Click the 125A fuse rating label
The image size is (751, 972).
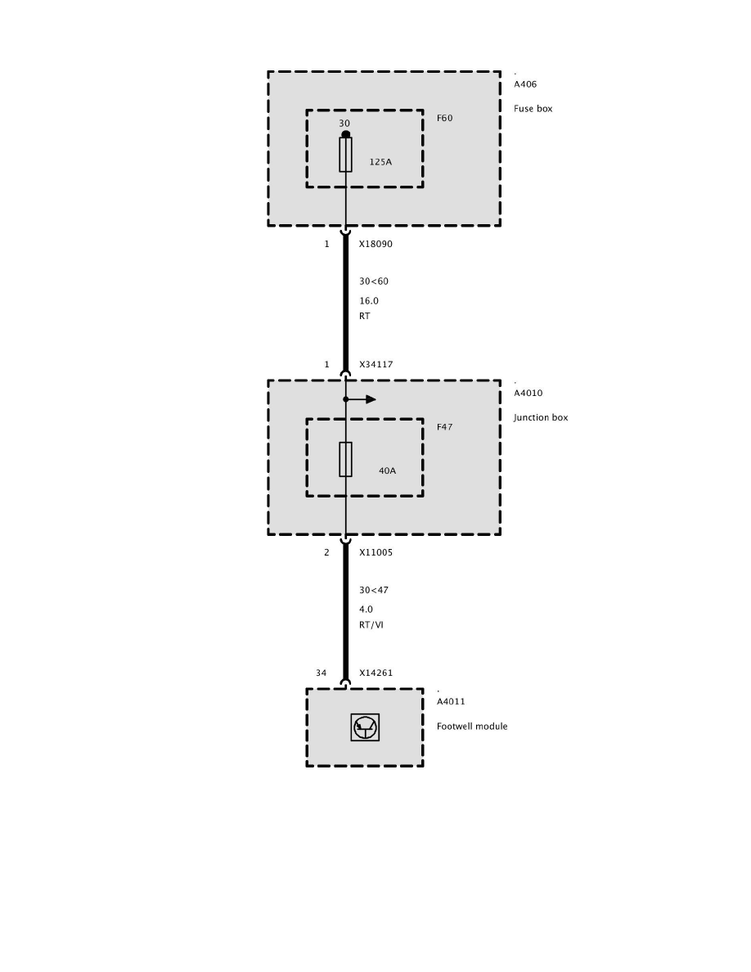[380, 162]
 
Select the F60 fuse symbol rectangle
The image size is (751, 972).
[345, 155]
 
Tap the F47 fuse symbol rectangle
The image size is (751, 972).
[345, 459]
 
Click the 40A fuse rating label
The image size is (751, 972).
[387, 471]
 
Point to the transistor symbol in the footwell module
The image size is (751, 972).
[365, 727]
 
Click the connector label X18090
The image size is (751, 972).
[375, 244]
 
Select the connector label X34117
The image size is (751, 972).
[375, 365]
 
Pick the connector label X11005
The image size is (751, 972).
[375, 552]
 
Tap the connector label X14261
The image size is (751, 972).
[375, 673]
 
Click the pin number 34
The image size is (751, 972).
[322, 673]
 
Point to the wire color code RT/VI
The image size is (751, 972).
[371, 625]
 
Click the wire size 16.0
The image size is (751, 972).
[369, 301]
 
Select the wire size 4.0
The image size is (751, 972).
[366, 610]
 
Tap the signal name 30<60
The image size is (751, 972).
[374, 281]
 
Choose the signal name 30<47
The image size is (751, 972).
[374, 590]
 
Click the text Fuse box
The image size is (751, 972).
[533, 109]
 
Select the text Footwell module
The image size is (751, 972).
[472, 727]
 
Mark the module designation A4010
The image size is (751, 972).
[528, 394]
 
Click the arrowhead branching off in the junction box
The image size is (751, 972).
[371, 399]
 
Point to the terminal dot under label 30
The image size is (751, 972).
[345, 134]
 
